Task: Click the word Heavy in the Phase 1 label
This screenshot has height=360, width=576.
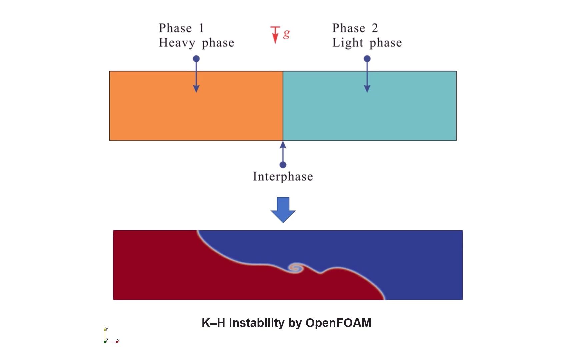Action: click(177, 43)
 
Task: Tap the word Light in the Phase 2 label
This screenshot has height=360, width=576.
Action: click(347, 43)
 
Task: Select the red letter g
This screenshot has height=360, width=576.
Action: click(286, 34)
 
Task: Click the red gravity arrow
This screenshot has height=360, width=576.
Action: click(275, 35)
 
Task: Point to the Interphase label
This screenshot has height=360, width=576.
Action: click(283, 176)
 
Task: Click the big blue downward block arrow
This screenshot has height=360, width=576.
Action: click(283, 209)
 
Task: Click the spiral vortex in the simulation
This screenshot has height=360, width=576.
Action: click(296, 268)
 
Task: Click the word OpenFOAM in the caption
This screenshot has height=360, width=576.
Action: click(338, 323)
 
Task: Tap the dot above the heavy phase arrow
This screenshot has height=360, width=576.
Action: click(196, 59)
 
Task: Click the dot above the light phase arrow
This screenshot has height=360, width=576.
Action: click(367, 59)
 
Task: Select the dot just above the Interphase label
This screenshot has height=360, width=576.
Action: click(283, 165)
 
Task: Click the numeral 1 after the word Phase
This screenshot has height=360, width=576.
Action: click(201, 28)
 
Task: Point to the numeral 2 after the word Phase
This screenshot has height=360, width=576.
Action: click(375, 28)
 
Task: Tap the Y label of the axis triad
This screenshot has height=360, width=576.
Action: click(107, 329)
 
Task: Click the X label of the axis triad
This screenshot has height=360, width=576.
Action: click(118, 341)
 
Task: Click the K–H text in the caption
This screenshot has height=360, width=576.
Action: click(213, 323)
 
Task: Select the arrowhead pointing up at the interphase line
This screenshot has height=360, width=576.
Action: click(283, 145)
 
